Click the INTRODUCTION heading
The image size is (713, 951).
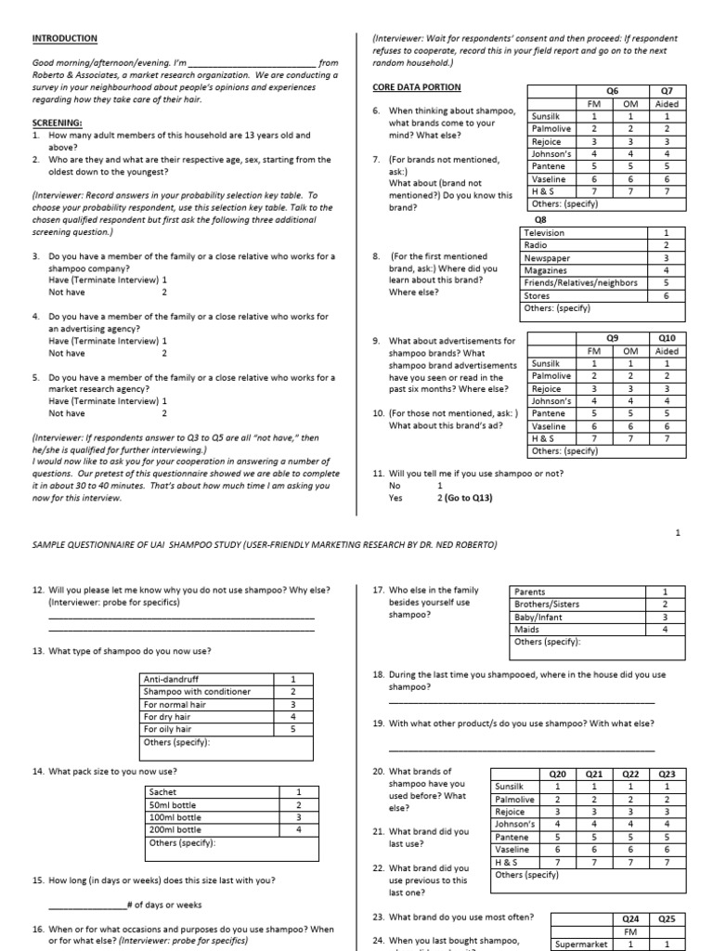point(65,38)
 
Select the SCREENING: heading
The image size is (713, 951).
point(58,123)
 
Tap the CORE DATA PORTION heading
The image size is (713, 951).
point(416,87)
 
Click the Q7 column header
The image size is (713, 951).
point(667,91)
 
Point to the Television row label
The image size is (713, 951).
point(544,233)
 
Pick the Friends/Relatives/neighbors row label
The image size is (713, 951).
point(581,282)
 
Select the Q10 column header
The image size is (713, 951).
point(667,339)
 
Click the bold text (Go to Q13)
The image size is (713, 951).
point(470,498)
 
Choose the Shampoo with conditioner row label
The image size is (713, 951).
point(197,692)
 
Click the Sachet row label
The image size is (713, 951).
point(162,792)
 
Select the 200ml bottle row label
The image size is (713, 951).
point(175,829)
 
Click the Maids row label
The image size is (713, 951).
point(526,629)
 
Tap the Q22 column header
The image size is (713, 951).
point(630,774)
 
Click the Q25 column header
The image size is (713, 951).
point(667,919)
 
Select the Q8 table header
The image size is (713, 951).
point(541,221)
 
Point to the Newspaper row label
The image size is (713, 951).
point(547,258)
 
